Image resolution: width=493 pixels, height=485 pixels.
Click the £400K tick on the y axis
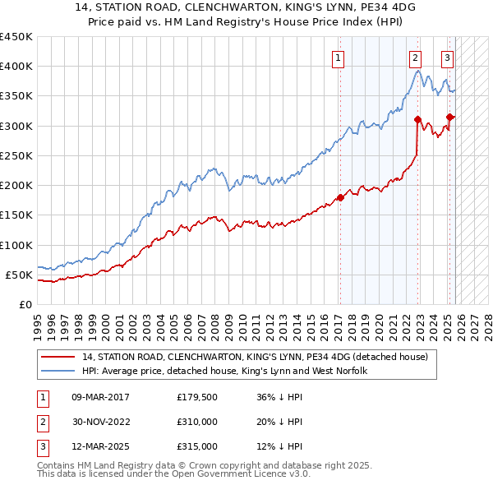click(x=16, y=67)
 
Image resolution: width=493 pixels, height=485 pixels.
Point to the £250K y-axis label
click(x=16, y=155)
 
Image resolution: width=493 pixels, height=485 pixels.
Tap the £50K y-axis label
click(x=20, y=275)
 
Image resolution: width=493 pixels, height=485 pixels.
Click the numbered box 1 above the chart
click(x=339, y=58)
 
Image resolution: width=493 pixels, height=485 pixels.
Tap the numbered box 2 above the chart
click(x=416, y=58)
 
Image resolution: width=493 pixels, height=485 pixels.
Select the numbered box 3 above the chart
click(x=447, y=58)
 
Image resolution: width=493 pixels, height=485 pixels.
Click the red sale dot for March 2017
click(x=339, y=197)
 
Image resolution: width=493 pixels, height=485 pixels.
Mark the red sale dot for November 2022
click(x=418, y=120)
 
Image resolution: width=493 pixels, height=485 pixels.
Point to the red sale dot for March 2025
click(x=449, y=117)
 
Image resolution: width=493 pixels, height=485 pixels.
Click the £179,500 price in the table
click(x=197, y=397)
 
